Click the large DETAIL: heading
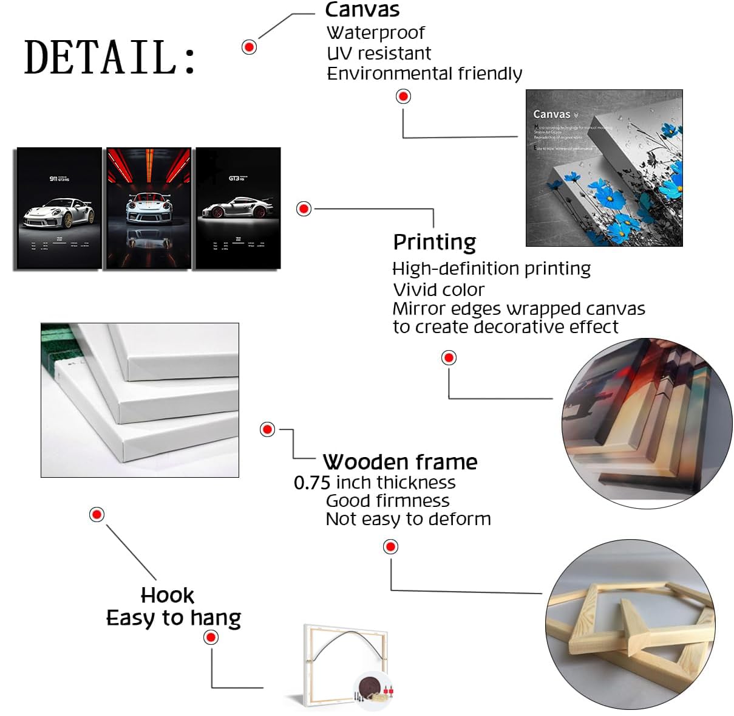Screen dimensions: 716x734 coord(110,57)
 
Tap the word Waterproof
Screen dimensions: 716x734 coord(375,33)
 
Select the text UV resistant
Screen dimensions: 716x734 coord(379,53)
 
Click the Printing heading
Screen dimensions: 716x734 coord(434,242)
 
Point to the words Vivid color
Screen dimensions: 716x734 coord(438,289)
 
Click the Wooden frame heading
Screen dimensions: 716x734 coord(399,462)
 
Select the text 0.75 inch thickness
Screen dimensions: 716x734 coord(375,483)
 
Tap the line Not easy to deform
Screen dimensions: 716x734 coord(408,519)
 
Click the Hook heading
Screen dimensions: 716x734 coord(167,595)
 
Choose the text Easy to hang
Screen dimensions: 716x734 coord(174,618)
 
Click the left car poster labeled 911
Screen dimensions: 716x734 coord(58,208)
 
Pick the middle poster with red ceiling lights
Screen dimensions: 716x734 coord(148,208)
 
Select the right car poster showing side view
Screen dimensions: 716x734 coord(237,208)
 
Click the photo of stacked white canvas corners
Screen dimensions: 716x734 coord(140,400)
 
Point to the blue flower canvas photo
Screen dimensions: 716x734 coord(604,168)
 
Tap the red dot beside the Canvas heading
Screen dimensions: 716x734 coord(249,47)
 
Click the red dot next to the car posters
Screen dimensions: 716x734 coord(304,208)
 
